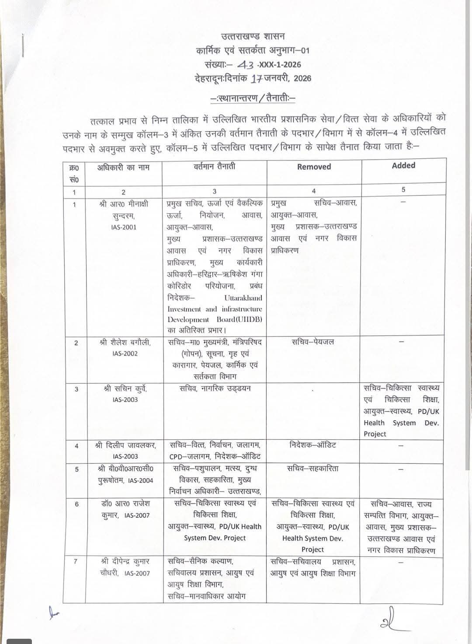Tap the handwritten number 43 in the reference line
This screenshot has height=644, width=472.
[x=246, y=65]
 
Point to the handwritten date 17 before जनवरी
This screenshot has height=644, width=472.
[x=257, y=79]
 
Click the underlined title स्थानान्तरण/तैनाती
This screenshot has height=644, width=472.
[x=253, y=98]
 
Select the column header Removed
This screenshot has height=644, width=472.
[x=314, y=167]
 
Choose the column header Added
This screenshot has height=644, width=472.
[x=403, y=165]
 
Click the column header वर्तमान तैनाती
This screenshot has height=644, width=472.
[x=214, y=166]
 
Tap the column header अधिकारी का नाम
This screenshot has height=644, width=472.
[x=123, y=167]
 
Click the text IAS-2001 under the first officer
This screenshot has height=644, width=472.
[x=124, y=227]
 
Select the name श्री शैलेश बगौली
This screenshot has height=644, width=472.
[x=125, y=342]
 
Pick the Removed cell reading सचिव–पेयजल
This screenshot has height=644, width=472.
[x=312, y=342]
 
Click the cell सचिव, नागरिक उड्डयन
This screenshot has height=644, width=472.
[x=215, y=388]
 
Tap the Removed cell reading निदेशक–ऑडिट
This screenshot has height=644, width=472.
[x=313, y=445]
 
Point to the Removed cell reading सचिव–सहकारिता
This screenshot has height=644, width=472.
[x=312, y=468]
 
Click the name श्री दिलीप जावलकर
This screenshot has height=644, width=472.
[x=125, y=445]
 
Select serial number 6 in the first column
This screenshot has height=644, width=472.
[x=77, y=504]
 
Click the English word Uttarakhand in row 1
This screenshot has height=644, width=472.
[x=243, y=298]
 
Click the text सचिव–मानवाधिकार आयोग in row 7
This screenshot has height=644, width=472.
[x=206, y=596]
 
